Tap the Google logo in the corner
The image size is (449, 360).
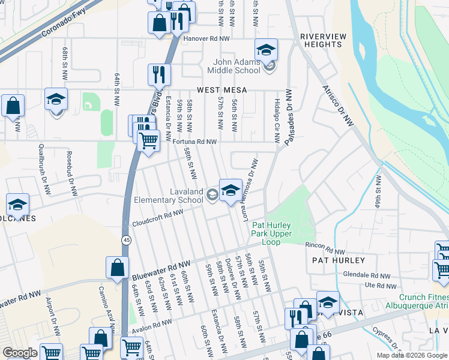(20, 353)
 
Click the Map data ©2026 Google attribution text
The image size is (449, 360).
(411, 355)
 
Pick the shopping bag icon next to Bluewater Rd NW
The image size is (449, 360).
(118, 268)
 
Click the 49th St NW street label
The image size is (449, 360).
(378, 191)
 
